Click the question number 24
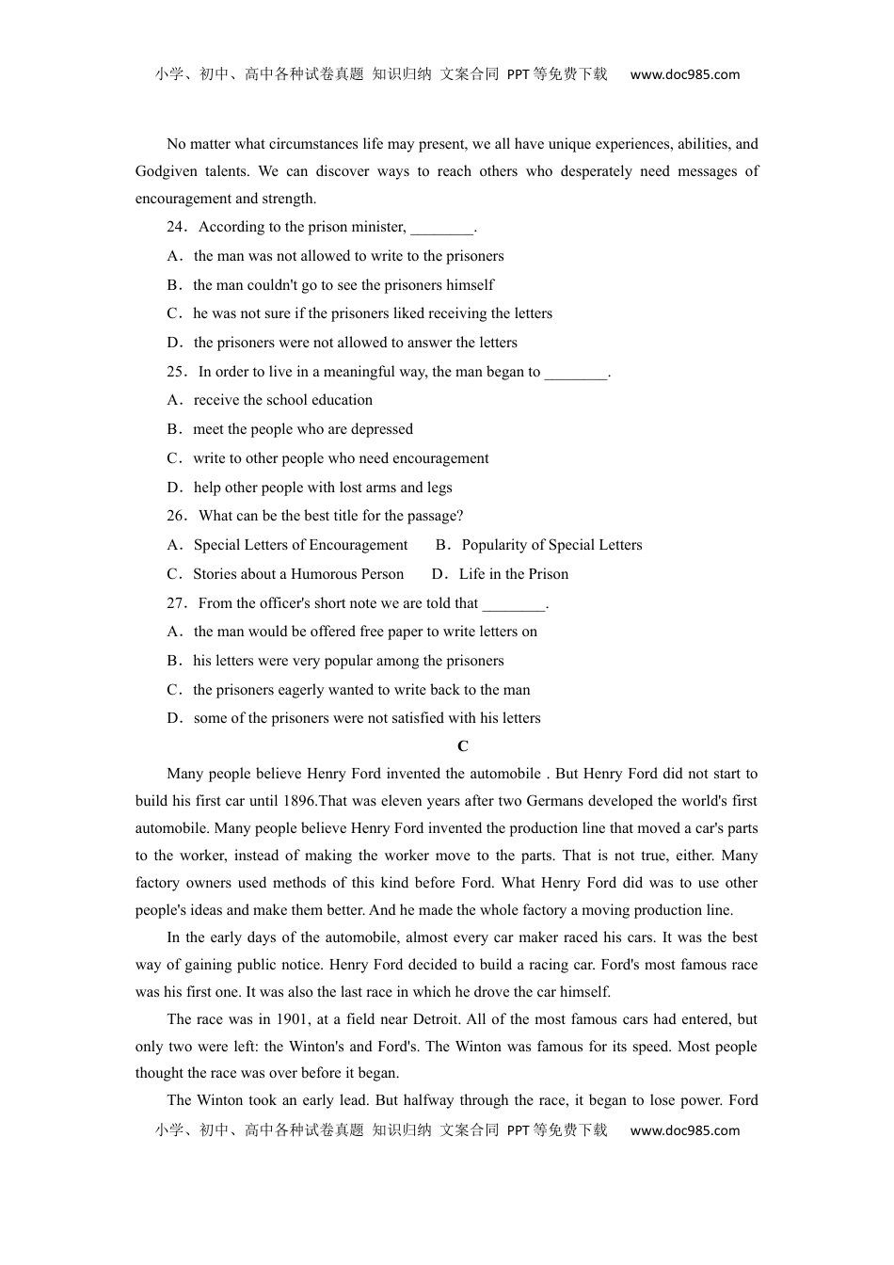click(176, 227)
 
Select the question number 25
click(176, 372)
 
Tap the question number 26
click(176, 516)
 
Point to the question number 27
click(176, 603)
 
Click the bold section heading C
click(462, 746)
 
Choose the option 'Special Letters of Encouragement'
click(300, 545)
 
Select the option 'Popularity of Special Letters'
click(551, 545)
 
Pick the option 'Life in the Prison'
click(513, 574)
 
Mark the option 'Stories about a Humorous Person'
click(298, 574)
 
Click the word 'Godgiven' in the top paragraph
click(165, 171)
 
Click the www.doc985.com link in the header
click(684, 75)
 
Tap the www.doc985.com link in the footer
click(684, 1131)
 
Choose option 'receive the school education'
click(282, 400)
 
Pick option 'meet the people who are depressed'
click(303, 429)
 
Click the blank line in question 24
click(441, 228)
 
